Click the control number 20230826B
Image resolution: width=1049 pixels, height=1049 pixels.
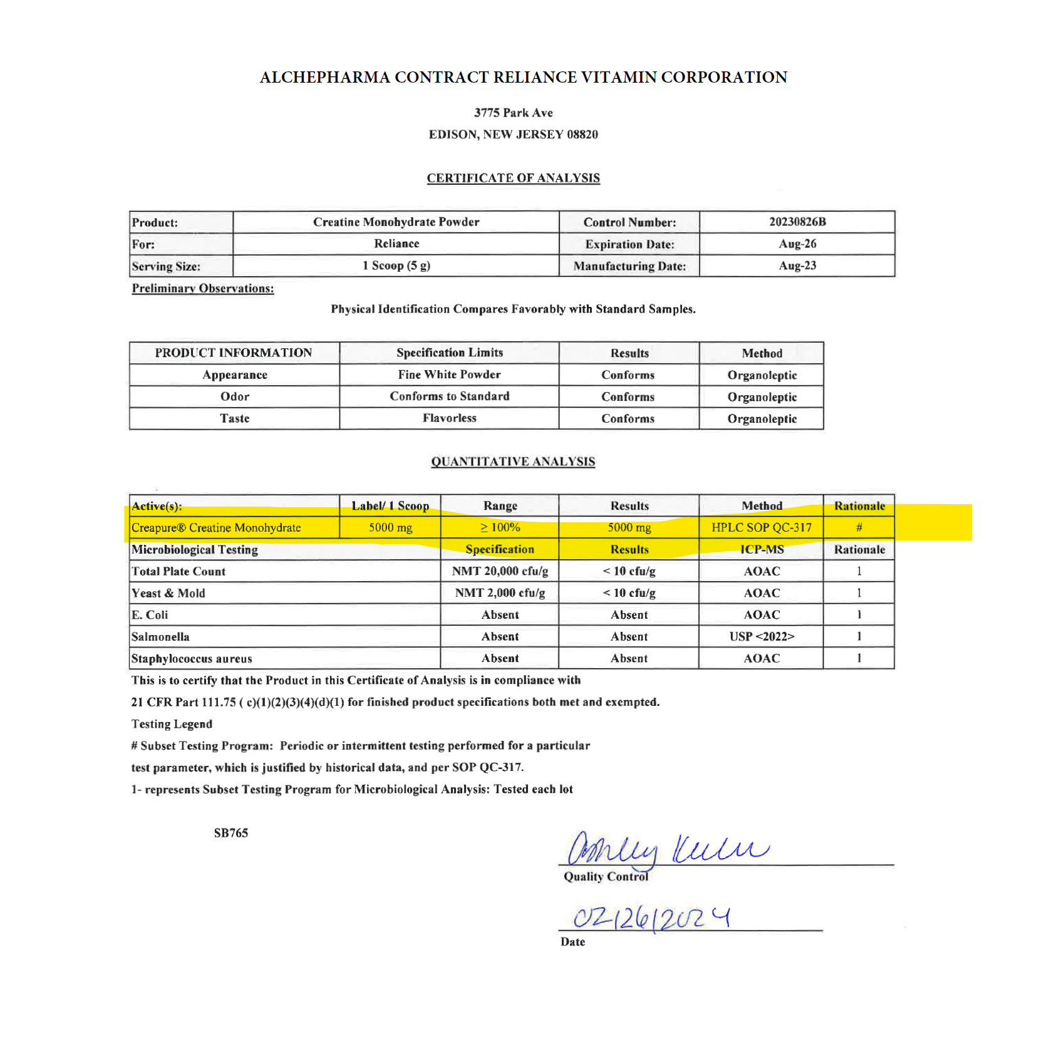tap(797, 222)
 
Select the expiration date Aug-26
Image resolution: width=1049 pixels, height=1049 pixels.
tap(797, 244)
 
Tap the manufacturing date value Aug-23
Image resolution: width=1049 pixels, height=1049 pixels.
tap(797, 266)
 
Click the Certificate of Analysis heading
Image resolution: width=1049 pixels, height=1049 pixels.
tap(513, 178)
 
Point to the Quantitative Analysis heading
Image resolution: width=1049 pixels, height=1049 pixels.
tap(513, 462)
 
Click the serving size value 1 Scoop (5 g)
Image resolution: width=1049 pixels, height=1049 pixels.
tap(396, 266)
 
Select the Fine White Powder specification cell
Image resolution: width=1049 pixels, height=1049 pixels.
tap(449, 375)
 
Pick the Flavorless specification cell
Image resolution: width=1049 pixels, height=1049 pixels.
tap(449, 418)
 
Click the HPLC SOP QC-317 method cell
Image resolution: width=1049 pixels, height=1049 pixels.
tap(761, 527)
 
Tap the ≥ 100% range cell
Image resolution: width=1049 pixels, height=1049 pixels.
tap(500, 527)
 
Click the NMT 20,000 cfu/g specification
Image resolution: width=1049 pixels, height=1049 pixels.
tap(500, 571)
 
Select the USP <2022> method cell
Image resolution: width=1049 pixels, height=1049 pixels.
tap(761, 636)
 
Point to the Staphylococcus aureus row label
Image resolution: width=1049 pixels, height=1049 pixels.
tap(192, 658)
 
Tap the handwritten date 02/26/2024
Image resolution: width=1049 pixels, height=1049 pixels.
tap(651, 918)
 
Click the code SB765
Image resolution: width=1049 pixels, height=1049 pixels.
tap(230, 833)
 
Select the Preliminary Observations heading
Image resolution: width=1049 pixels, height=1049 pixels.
tap(202, 288)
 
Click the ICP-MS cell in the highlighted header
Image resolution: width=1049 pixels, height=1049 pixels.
tap(761, 549)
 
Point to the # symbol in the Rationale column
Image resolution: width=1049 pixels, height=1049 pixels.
tap(859, 527)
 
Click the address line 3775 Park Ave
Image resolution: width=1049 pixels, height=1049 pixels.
tap(513, 113)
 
